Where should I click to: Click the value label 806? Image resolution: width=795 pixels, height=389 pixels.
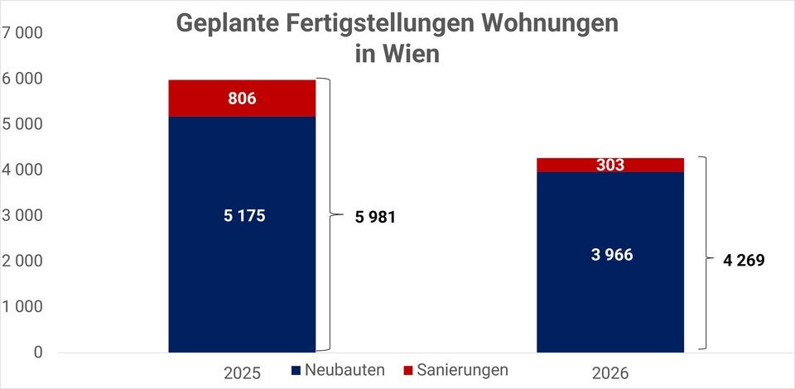[x=242, y=98]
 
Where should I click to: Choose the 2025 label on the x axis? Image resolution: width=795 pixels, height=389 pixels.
[x=242, y=372]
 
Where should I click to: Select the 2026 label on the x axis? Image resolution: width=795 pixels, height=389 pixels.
[x=610, y=372]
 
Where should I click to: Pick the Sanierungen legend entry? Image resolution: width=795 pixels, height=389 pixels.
[x=455, y=369]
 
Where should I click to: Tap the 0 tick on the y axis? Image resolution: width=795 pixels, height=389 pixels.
[x=37, y=352]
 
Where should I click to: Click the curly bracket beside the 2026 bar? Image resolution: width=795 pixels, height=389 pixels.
[x=702, y=253]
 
